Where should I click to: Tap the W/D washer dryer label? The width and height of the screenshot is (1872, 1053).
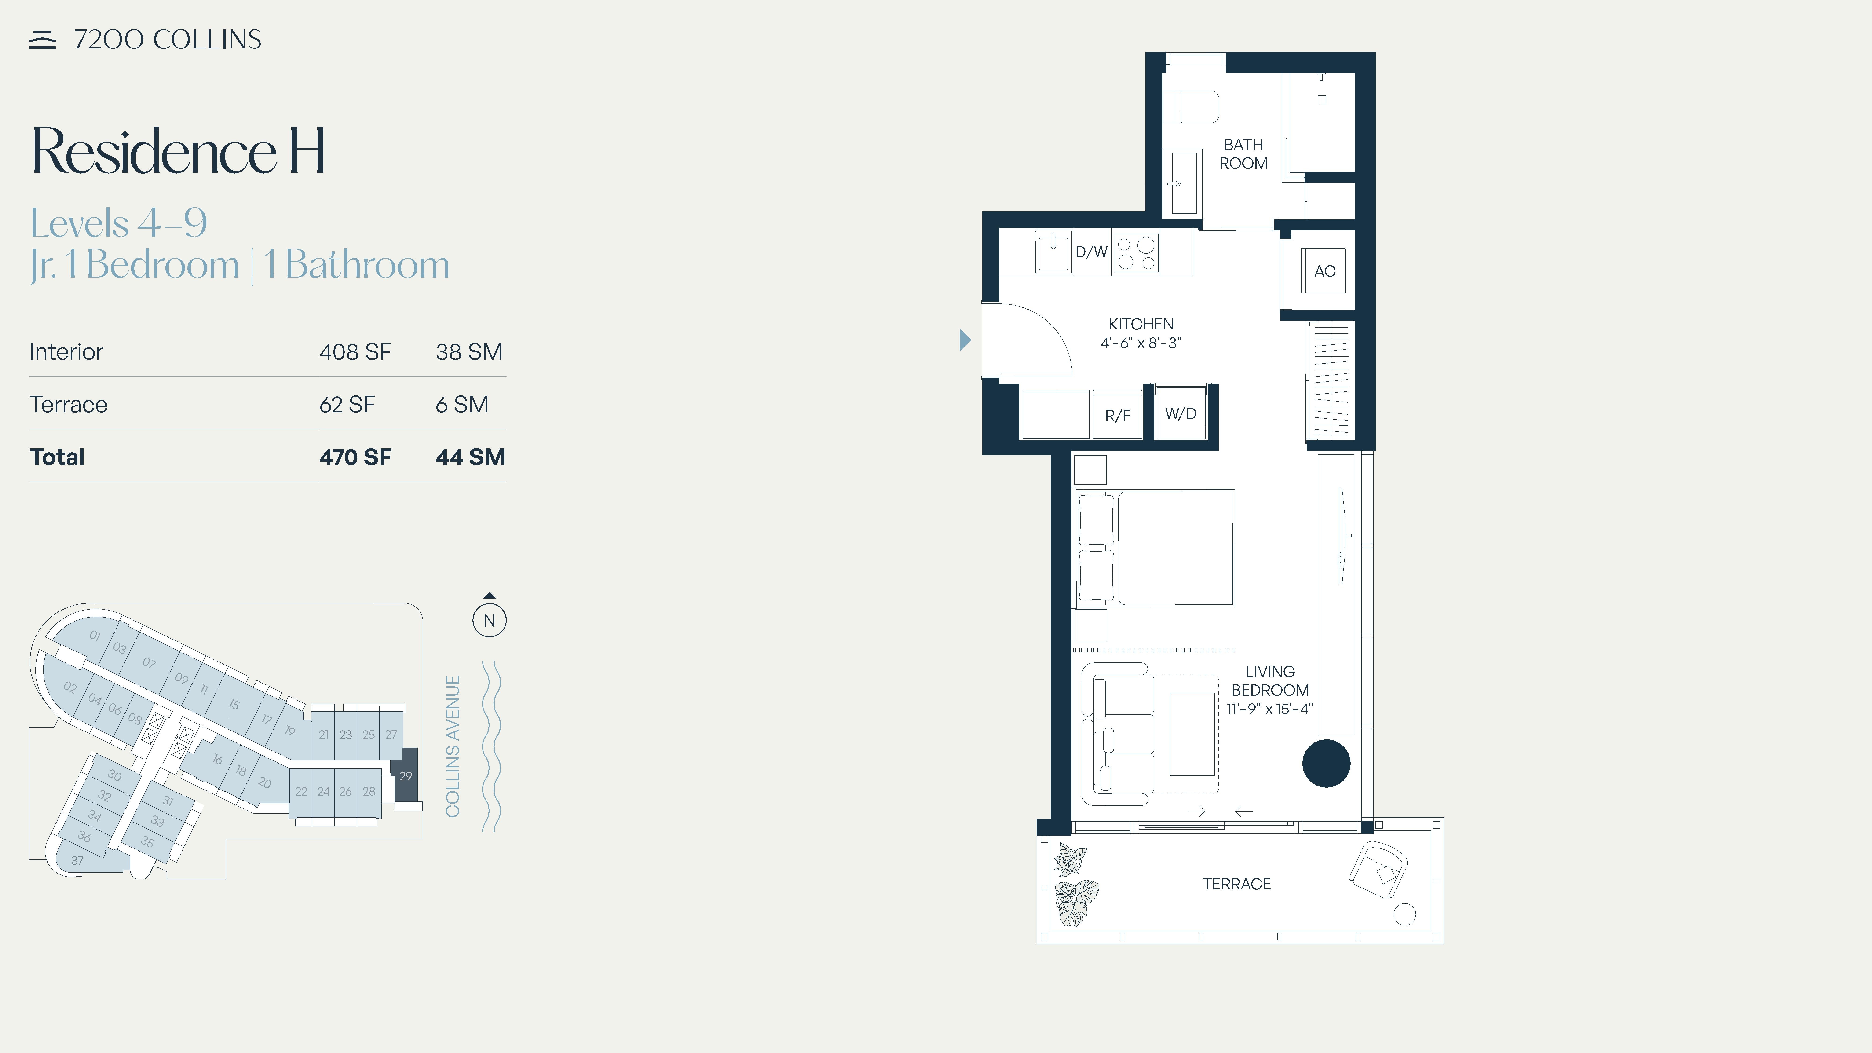click(1180, 413)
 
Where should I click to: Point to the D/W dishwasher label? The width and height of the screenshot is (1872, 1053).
click(1091, 252)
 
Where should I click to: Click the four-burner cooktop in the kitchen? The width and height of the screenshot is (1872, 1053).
click(1136, 253)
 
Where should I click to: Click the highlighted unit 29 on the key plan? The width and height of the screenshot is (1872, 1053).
click(406, 775)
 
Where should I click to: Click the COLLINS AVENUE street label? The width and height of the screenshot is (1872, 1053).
click(453, 746)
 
